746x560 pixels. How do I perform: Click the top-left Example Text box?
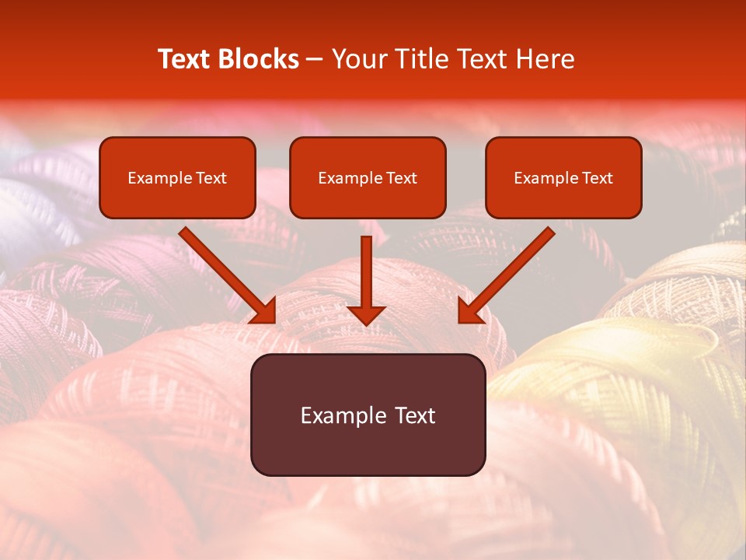(177, 177)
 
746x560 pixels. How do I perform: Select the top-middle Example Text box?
(368, 177)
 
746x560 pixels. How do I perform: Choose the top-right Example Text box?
(563, 177)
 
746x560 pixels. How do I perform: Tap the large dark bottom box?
(368, 415)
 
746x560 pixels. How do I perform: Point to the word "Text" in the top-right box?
(596, 178)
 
